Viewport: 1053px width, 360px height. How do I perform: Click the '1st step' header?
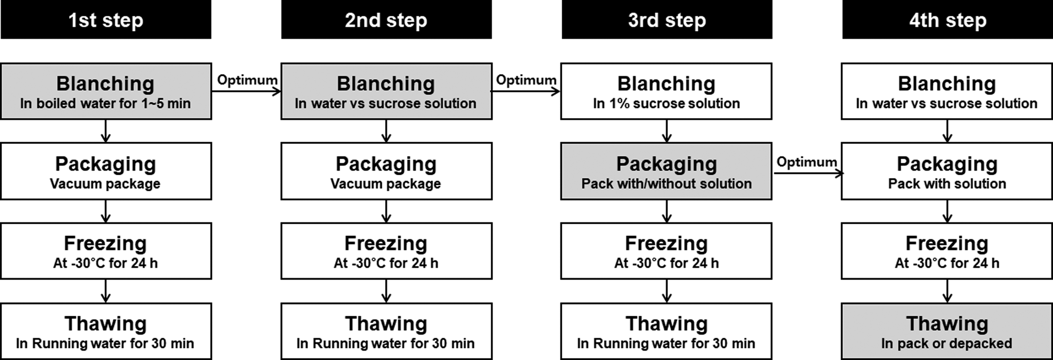tap(106, 20)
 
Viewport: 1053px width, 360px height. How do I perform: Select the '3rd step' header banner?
tap(667, 20)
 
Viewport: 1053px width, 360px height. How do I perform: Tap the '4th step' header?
tap(948, 20)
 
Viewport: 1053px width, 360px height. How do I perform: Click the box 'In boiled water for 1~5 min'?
tap(106, 91)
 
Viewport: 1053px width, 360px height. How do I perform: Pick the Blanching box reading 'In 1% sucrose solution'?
tap(666, 91)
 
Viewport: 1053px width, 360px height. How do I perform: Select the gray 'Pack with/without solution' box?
tap(666, 171)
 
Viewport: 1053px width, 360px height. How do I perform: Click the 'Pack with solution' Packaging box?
tap(947, 171)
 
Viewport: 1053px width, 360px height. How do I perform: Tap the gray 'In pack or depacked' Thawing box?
tap(947, 331)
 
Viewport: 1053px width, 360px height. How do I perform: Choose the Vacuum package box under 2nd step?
tap(386, 171)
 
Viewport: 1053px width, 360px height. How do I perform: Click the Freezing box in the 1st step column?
tap(106, 251)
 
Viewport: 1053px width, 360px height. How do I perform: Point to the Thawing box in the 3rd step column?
tap(666, 331)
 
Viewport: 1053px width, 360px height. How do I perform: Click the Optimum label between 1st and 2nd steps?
tap(247, 80)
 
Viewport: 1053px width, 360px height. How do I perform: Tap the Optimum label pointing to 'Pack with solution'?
tap(807, 162)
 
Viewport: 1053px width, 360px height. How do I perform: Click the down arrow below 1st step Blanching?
tap(106, 131)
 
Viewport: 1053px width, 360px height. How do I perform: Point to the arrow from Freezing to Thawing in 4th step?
tap(947, 291)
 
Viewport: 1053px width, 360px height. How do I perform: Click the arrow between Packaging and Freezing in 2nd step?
tap(386, 211)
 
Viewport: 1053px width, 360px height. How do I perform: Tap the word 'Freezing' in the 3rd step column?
tap(666, 243)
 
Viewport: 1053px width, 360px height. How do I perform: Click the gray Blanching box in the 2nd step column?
tap(386, 91)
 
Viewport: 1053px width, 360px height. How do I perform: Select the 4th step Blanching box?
tap(947, 91)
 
